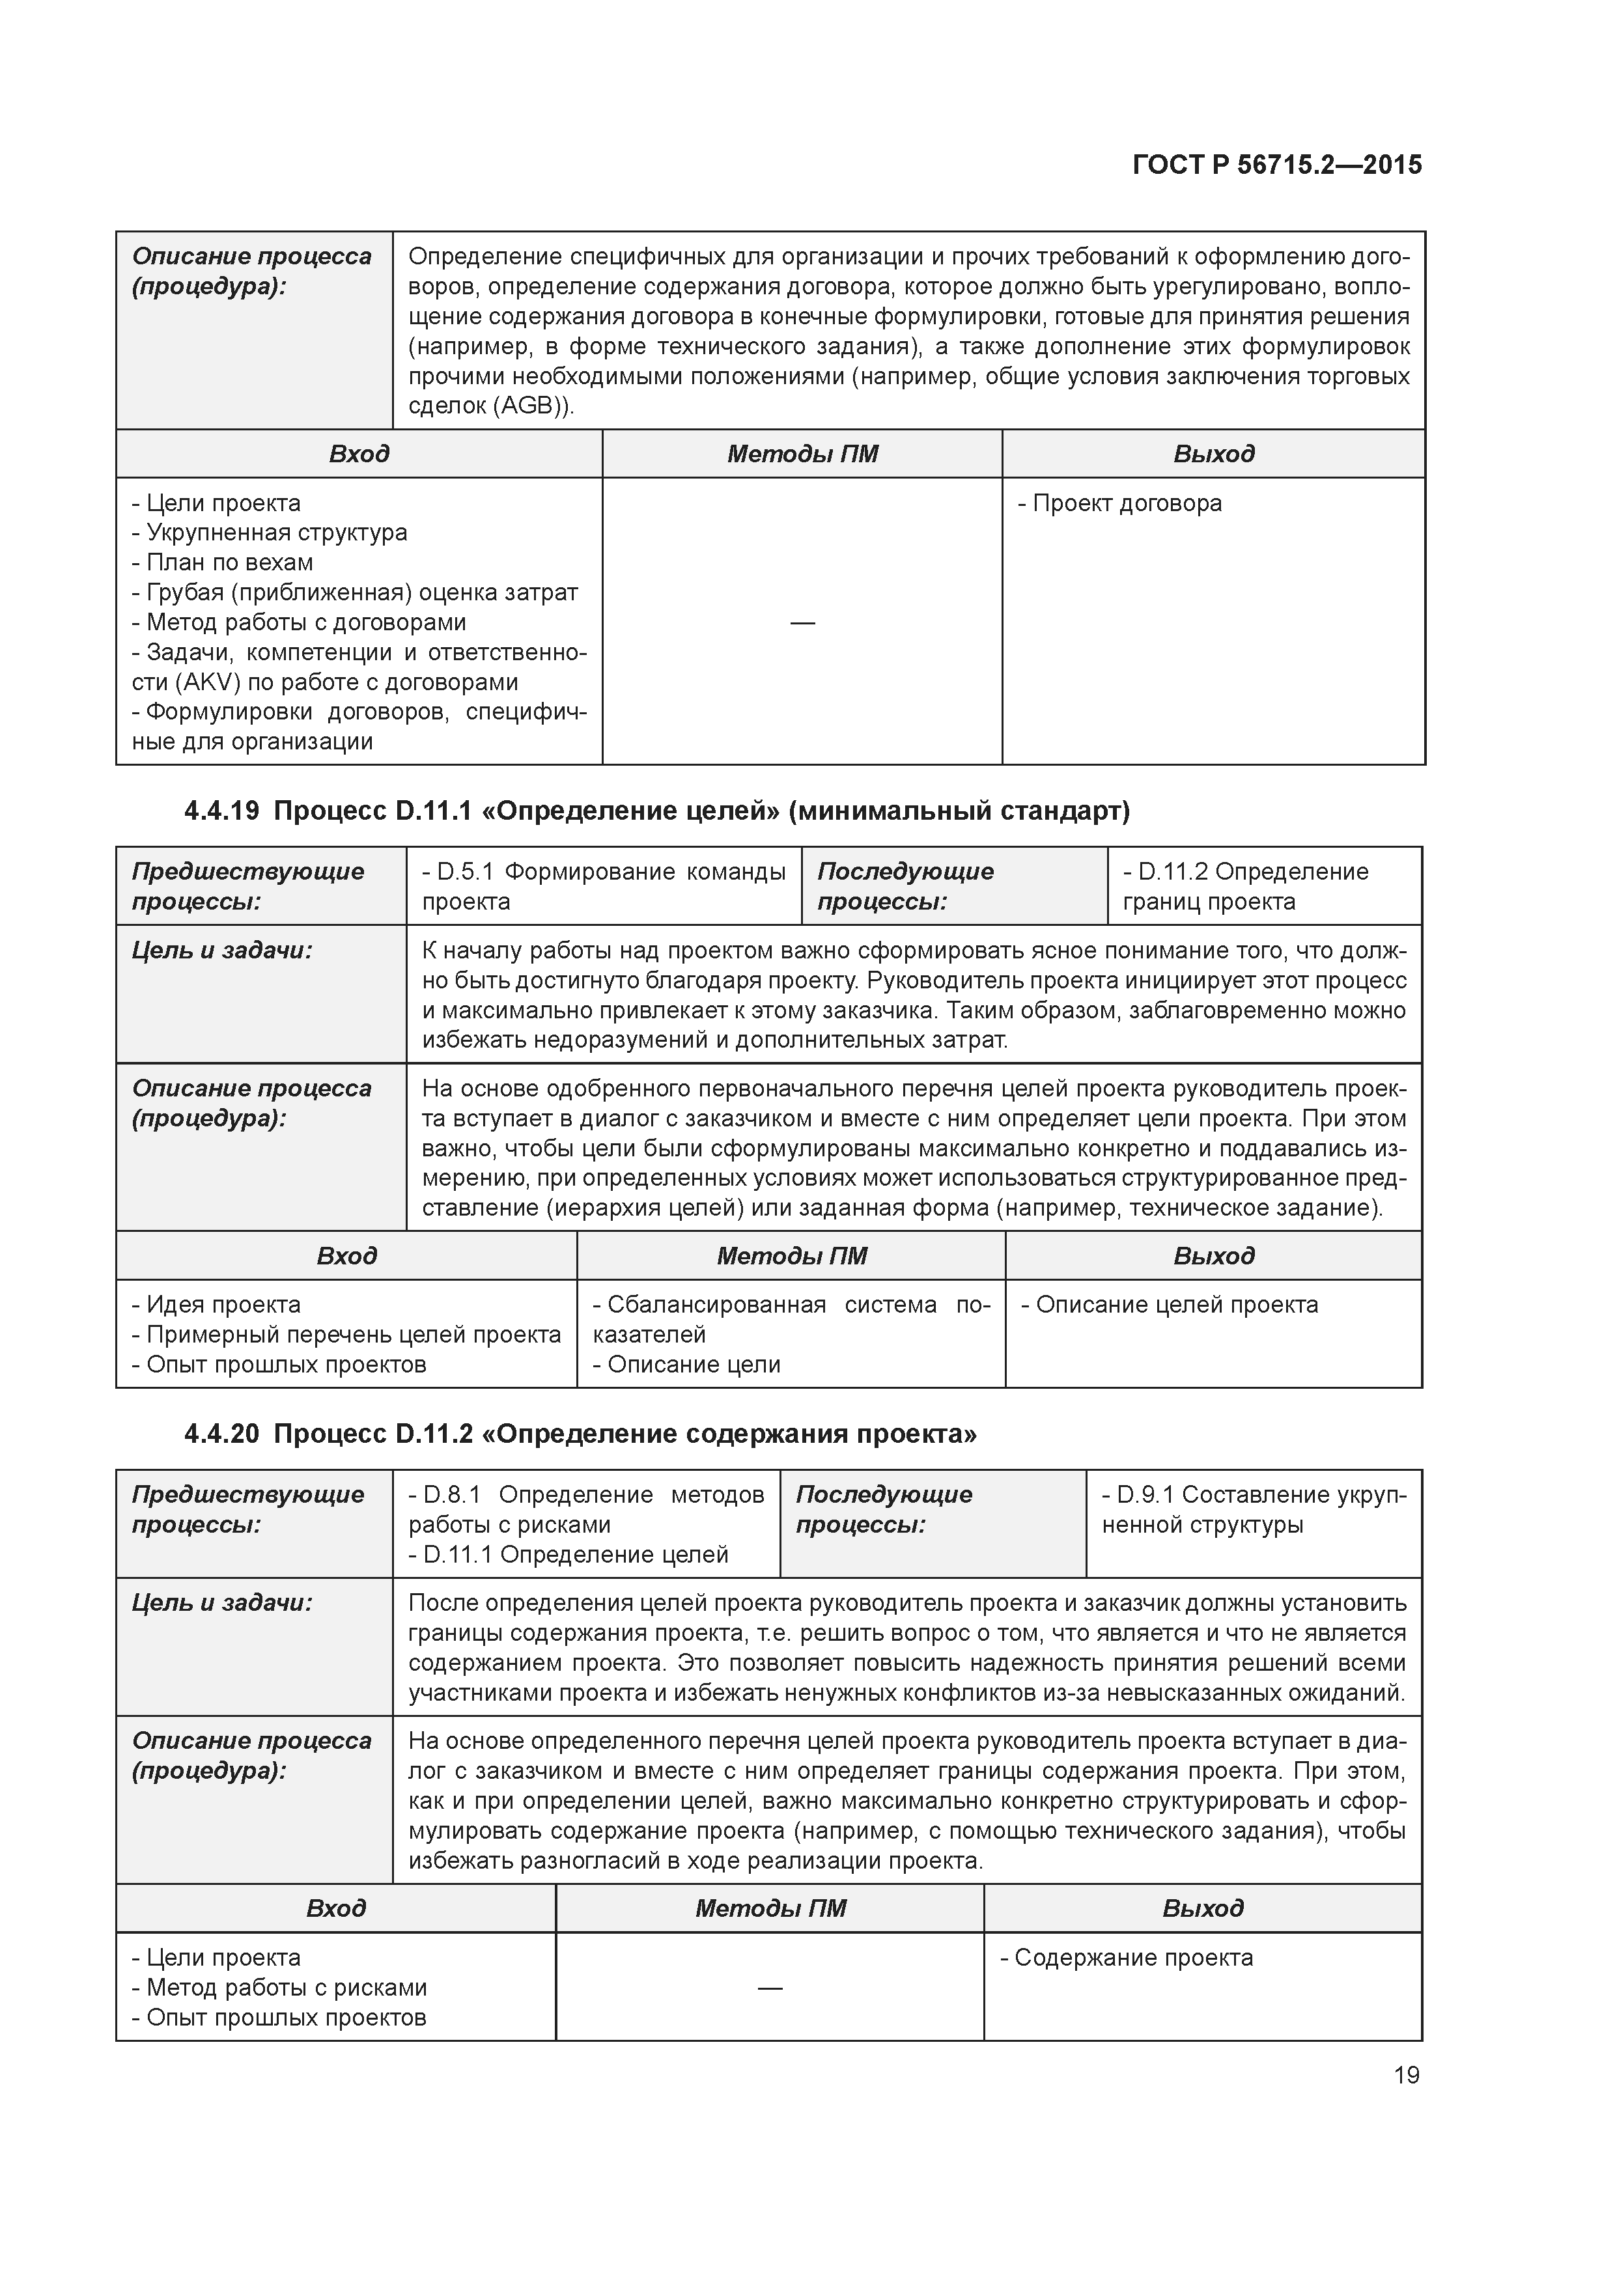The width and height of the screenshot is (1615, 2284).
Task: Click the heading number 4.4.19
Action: coord(221,811)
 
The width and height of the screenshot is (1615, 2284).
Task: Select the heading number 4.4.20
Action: coord(221,1434)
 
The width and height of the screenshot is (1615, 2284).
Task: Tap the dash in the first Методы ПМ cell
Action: coord(802,622)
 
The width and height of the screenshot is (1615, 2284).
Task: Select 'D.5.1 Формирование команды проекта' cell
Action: coord(603,886)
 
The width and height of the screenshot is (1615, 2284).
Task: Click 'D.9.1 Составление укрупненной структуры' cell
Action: coord(1253,1509)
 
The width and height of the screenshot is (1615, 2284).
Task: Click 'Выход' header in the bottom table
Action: coord(1202,1908)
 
